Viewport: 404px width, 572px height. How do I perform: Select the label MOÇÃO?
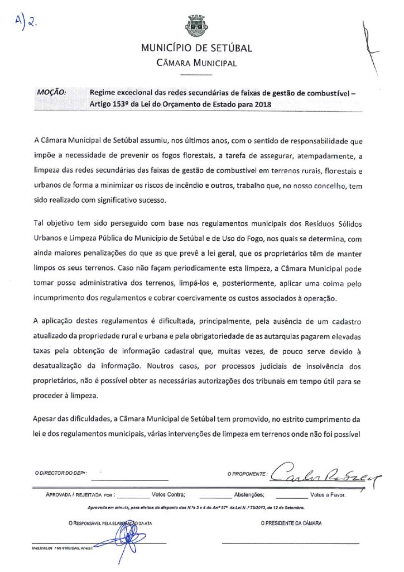click(x=52, y=93)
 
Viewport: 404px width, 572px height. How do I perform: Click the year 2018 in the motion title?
click(x=254, y=104)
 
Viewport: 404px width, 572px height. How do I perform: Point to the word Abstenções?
click(x=249, y=494)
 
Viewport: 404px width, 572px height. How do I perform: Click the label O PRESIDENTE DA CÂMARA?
click(x=291, y=523)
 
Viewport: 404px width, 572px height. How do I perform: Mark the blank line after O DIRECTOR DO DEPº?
click(x=129, y=480)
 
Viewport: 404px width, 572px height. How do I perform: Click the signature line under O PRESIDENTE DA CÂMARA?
click(x=291, y=543)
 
